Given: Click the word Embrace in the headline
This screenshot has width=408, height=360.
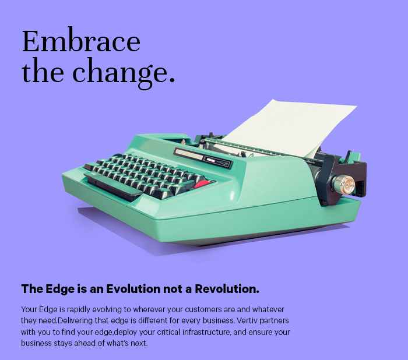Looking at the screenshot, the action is tap(81, 41).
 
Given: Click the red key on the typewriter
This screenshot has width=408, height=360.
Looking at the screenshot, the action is tap(202, 184).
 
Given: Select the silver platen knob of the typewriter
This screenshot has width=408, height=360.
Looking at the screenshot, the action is tap(344, 185).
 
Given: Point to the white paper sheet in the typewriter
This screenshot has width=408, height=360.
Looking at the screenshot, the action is tap(289, 128).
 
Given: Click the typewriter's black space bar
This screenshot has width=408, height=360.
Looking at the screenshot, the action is tap(113, 185).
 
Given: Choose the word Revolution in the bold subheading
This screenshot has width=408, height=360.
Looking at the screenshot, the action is tap(227, 289).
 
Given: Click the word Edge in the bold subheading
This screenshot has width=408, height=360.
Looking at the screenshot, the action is tap(60, 290).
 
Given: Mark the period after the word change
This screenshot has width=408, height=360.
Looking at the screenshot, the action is tap(172, 80).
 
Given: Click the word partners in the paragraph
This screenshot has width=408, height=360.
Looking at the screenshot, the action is tap(275, 321).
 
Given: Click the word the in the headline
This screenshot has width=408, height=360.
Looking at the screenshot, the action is tap(43, 70).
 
